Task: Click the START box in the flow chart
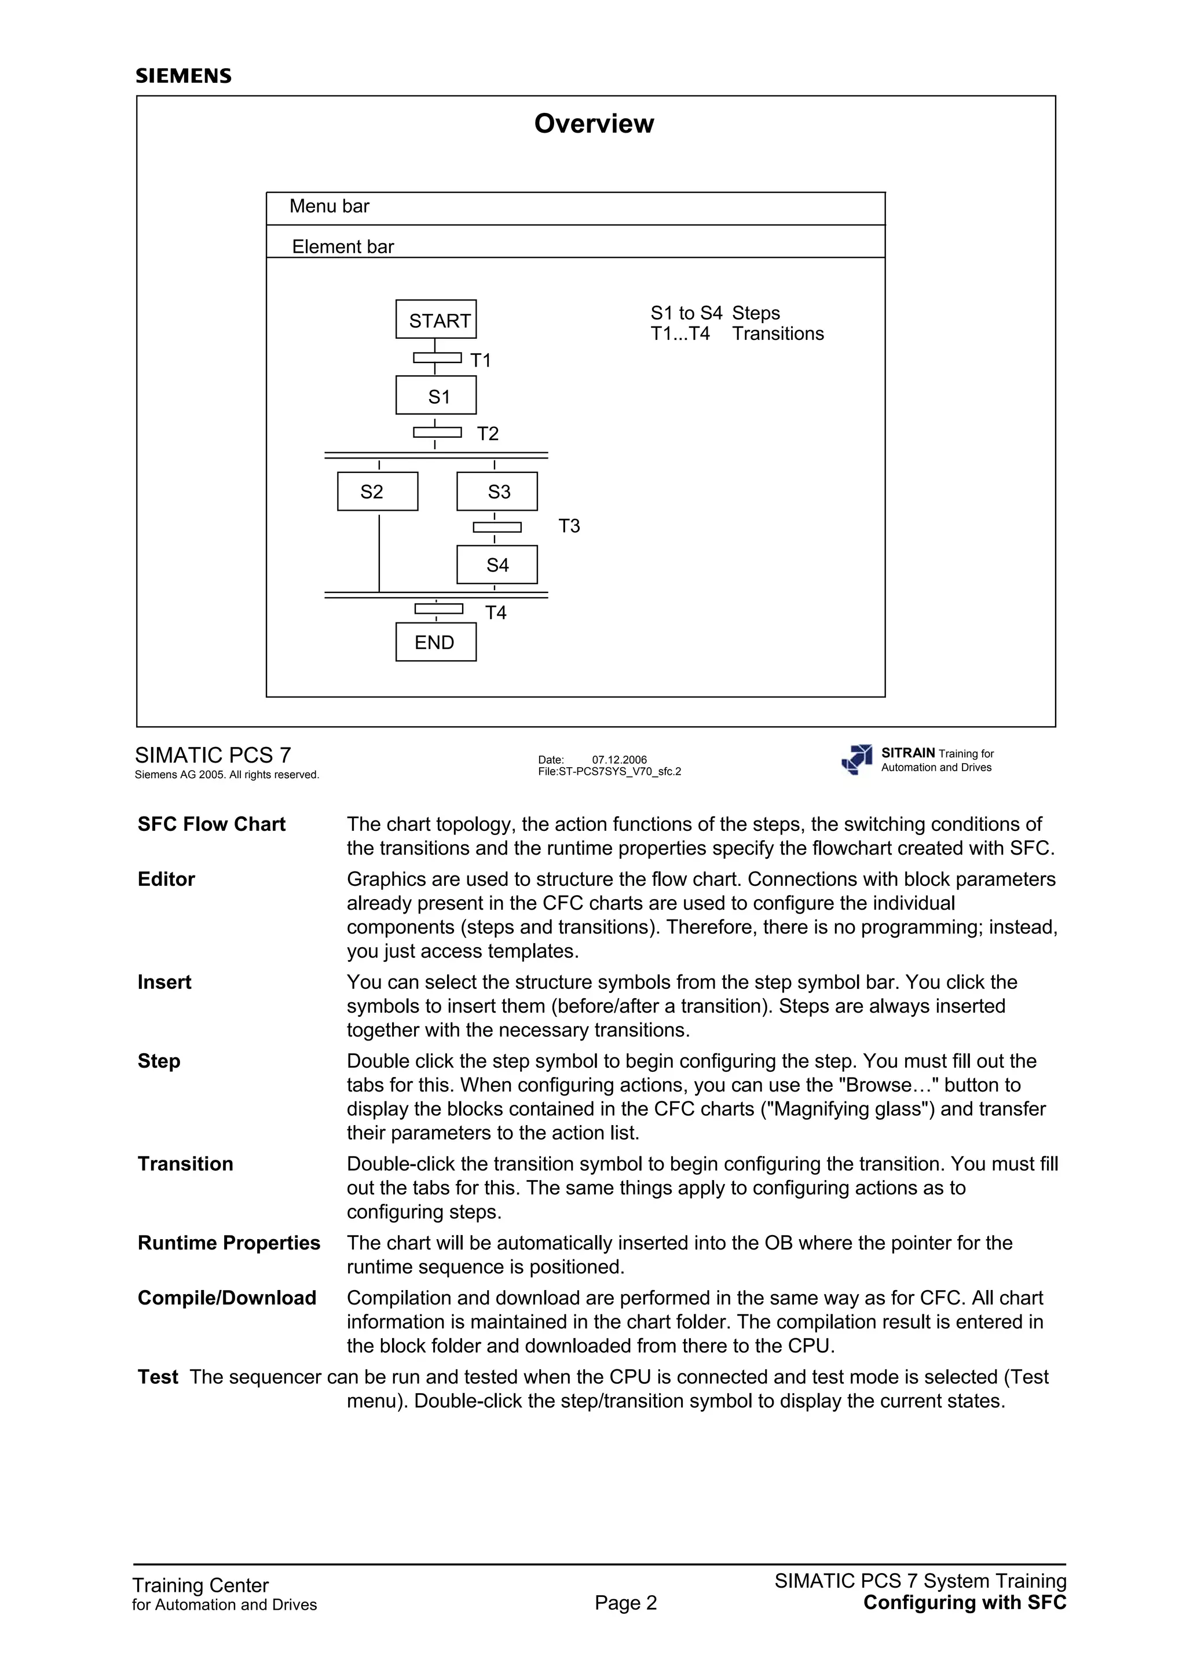click(x=435, y=320)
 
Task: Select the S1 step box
click(x=435, y=395)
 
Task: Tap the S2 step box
click(x=377, y=491)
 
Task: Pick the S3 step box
click(x=497, y=491)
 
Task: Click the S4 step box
click(x=497, y=564)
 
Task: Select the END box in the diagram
click(x=435, y=642)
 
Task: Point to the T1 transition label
click(x=480, y=360)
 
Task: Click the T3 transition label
click(x=569, y=526)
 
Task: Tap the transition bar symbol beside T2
click(x=437, y=432)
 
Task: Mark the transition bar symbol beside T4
click(x=438, y=609)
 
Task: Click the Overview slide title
click(x=594, y=123)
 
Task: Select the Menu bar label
click(x=329, y=206)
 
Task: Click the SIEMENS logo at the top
click(x=184, y=76)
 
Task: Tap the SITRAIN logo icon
click(x=857, y=759)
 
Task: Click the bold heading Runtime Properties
click(x=229, y=1243)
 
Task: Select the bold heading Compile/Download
click(x=226, y=1298)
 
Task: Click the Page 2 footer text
click(x=625, y=1603)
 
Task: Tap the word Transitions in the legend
click(x=778, y=334)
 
